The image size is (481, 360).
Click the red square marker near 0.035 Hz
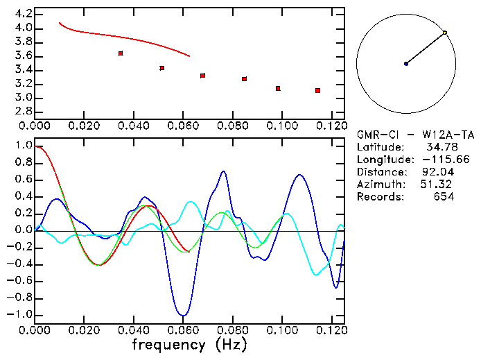pos(121,53)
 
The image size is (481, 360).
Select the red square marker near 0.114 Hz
pos(317,90)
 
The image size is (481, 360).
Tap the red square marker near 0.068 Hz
pos(202,76)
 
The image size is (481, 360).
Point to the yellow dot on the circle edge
pos(444,33)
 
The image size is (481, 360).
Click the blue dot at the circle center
pos(406,64)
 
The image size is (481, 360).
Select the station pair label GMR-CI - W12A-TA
pos(415,135)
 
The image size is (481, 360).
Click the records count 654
pos(444,197)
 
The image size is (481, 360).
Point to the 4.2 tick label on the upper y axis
pos(22,14)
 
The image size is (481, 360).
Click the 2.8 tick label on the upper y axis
pos(22,112)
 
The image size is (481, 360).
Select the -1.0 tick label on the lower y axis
pos(19,315)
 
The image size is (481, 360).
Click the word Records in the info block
pos(379,197)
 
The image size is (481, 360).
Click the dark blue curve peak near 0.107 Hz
pos(299,175)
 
